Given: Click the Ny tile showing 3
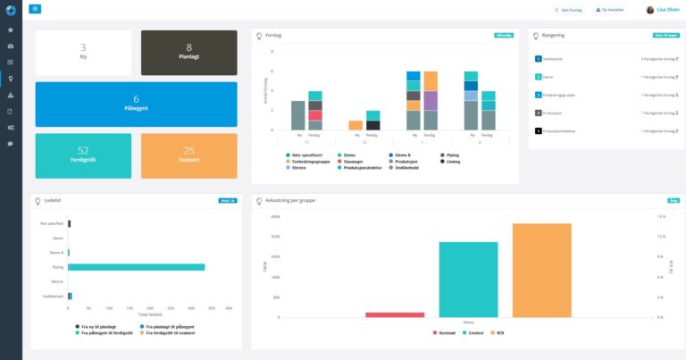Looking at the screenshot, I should click(x=83, y=52).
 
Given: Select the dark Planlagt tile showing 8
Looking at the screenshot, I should click(x=188, y=52).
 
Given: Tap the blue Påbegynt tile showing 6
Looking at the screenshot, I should click(x=136, y=104).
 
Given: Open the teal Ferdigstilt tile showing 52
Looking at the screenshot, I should click(x=83, y=155).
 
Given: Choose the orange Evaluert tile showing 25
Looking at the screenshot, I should click(x=188, y=155).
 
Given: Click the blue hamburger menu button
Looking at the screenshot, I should click(x=35, y=9).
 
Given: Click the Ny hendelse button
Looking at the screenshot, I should click(x=611, y=10).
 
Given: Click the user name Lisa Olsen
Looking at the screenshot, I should click(x=666, y=10).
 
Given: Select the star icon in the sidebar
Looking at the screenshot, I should click(x=10, y=29).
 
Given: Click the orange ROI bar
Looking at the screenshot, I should click(x=542, y=270).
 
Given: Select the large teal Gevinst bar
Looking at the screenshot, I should click(x=468, y=279).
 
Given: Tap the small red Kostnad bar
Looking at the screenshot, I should click(x=395, y=314).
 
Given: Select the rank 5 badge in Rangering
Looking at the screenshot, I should click(x=538, y=130).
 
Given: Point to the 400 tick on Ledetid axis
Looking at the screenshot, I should click(x=229, y=308).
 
